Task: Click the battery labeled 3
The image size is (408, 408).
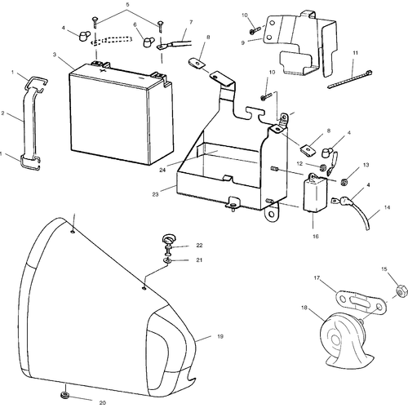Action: [121, 114]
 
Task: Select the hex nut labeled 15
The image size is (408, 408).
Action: [401, 290]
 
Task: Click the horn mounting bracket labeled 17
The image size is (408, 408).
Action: [360, 302]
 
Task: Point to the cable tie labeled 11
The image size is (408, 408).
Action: [350, 79]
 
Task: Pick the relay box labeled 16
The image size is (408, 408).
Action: [316, 193]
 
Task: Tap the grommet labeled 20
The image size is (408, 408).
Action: [64, 395]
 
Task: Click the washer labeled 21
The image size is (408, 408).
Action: [167, 260]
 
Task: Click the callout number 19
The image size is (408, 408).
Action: [220, 336]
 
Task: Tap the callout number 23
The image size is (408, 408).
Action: [155, 194]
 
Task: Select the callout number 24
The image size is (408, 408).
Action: [162, 170]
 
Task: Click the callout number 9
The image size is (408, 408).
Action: [243, 42]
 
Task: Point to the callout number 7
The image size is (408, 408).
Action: [191, 22]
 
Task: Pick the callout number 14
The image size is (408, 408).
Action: [387, 207]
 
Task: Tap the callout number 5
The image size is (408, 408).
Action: [127, 5]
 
